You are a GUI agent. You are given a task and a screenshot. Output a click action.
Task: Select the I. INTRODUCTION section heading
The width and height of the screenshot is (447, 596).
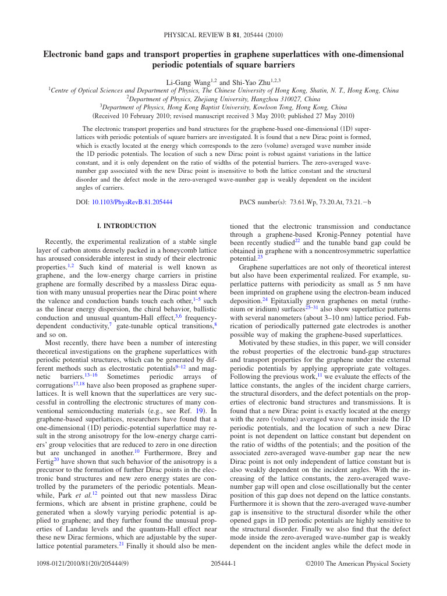(x=126, y=226)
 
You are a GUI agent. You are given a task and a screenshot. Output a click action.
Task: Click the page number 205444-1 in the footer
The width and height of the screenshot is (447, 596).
(x=223, y=563)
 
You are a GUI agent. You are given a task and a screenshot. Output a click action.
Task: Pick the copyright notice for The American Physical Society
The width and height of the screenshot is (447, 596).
(x=358, y=563)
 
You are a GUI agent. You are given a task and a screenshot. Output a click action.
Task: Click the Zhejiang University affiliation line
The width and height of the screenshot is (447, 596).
(x=223, y=99)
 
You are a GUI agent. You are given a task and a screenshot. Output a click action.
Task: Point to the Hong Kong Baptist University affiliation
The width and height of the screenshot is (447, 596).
(x=223, y=107)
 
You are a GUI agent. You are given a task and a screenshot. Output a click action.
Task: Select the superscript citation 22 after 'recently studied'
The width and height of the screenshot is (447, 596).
(x=297, y=240)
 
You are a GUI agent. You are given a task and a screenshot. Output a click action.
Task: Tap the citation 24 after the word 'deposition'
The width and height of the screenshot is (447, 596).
(x=265, y=299)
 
